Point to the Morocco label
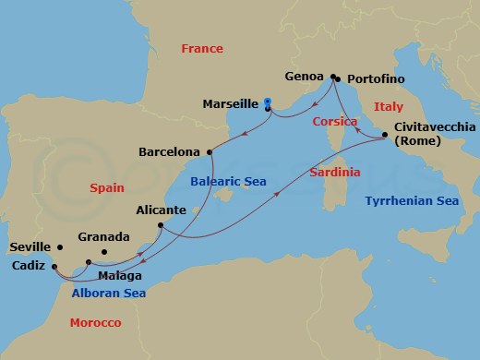click(96, 322)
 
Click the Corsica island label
click(334, 122)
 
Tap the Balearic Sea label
click(228, 182)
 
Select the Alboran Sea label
click(108, 294)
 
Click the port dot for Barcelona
click(210, 150)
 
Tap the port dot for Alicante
click(161, 225)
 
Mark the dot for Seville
click(60, 247)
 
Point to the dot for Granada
click(103, 251)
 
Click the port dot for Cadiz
click(54, 266)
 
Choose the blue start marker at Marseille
click(267, 102)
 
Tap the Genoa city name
click(306, 78)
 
